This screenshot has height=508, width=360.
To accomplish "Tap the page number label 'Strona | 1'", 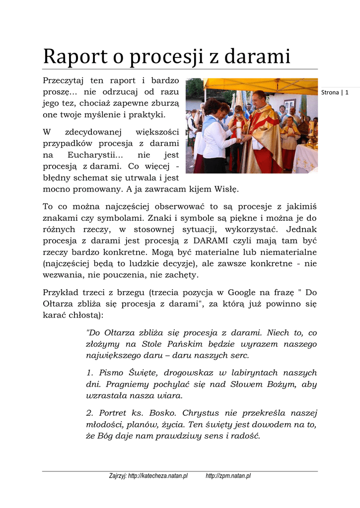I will coord(335,92).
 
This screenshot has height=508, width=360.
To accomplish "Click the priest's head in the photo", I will coord(259,98).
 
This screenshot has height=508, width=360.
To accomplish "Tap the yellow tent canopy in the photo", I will coord(258,85).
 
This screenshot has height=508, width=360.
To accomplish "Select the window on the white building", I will coord(289,104).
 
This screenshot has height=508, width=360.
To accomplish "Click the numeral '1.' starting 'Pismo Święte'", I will coord(90,373).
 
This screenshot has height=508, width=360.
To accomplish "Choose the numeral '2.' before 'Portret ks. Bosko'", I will coord(90,413).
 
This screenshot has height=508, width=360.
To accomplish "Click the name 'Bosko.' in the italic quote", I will coord(164,413).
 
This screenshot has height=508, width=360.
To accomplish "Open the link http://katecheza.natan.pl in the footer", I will coord(158,476).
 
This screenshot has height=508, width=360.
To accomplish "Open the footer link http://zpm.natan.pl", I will coord(228,476).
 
